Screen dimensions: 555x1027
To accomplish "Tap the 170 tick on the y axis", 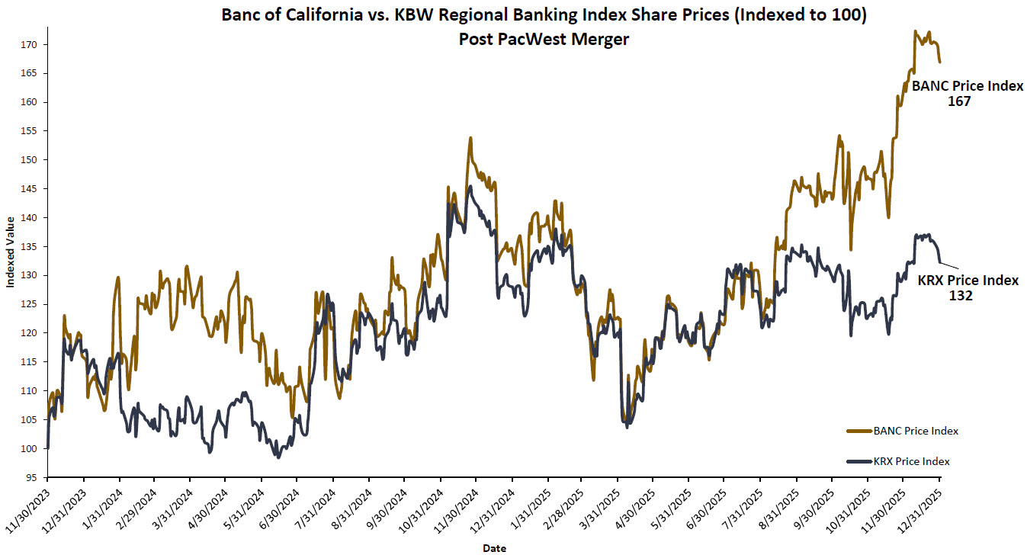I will (33, 45).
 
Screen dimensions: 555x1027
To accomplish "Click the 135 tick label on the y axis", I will (33, 247).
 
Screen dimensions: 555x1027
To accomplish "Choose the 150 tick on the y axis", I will (33, 160).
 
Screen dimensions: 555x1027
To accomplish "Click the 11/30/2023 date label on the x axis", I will (29, 507).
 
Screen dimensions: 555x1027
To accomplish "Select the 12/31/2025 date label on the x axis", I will (920, 507).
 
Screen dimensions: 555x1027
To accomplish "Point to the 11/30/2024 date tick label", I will (456, 507).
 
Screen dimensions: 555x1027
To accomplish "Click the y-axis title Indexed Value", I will (10, 252).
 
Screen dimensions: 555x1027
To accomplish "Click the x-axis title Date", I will (493, 547).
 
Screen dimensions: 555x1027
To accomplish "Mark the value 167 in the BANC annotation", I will (959, 101).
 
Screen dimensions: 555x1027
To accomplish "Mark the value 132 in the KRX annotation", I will (961, 295).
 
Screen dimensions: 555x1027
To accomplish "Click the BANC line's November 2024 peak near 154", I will (470, 139).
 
